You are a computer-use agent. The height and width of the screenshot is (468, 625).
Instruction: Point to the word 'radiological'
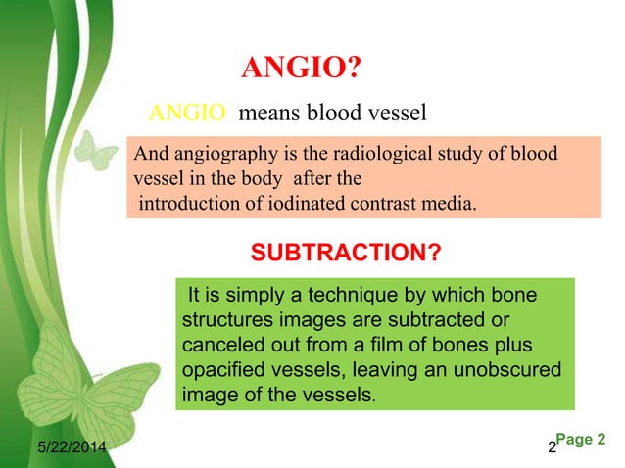pyautogui.click(x=374, y=155)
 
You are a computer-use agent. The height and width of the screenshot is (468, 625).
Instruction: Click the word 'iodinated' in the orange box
pyautogui.click(x=276, y=204)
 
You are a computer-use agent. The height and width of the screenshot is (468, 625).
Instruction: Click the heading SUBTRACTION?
pyautogui.click(x=346, y=255)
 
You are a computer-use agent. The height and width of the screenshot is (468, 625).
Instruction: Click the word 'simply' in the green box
pyautogui.click(x=247, y=295)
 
